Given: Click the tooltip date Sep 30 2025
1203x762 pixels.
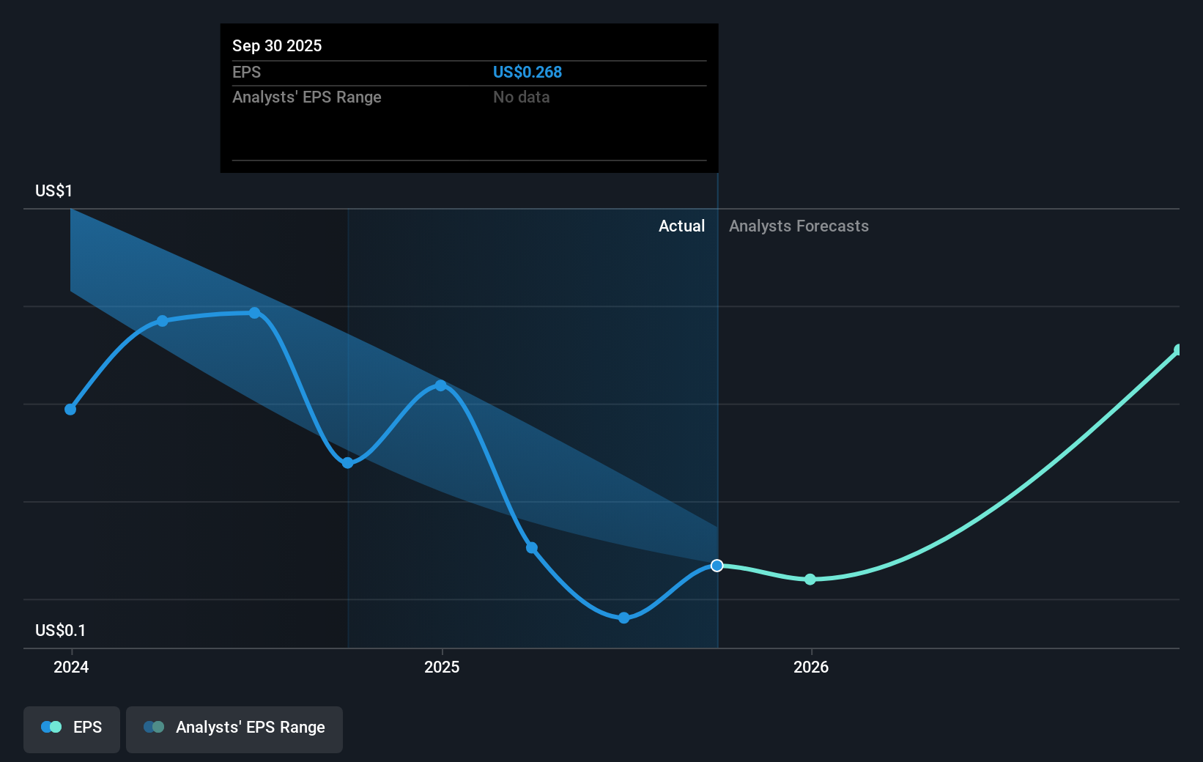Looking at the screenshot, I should (277, 45).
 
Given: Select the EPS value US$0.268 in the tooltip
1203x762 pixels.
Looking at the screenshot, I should (527, 72).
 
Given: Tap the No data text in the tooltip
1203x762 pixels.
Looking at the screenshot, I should (521, 97).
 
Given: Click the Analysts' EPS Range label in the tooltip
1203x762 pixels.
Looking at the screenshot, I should (306, 97).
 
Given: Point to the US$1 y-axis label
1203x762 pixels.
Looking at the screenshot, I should (53, 190).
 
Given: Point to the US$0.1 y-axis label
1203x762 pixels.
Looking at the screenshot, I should (60, 630).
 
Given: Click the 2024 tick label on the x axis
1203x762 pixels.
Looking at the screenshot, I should (71, 667).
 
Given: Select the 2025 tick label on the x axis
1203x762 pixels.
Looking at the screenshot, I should (442, 667).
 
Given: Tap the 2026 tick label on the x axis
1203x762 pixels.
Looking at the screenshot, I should (811, 667).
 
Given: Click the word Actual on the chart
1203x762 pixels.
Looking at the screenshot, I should (681, 226).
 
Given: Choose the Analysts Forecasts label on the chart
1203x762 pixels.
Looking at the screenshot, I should (799, 226).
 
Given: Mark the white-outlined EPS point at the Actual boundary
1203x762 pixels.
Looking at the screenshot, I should (717, 566).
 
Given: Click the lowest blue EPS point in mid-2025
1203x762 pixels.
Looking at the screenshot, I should (623, 618).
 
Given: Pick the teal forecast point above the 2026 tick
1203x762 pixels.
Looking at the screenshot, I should (810, 580).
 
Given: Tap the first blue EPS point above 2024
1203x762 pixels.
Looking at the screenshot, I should (70, 409).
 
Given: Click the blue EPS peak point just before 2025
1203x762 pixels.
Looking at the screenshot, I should (440, 385).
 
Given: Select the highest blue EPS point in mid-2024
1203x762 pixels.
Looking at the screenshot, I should (254, 313).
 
